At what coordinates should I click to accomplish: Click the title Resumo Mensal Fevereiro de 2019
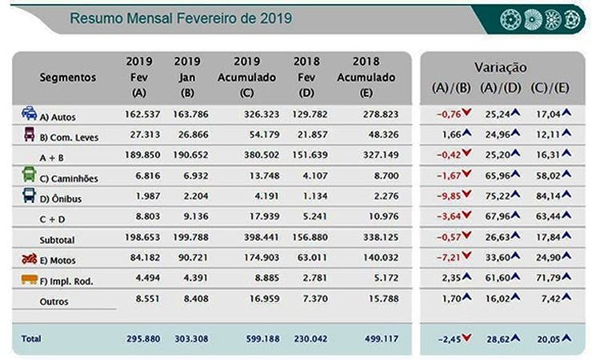coord(180,17)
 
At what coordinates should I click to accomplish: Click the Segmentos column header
coord(68,78)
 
